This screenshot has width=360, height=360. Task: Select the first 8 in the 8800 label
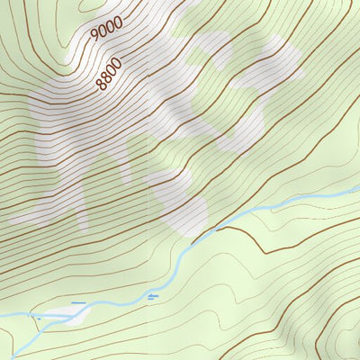click(101, 86)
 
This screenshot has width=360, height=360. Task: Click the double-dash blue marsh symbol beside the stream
click(153, 295)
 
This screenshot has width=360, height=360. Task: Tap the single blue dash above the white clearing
click(79, 303)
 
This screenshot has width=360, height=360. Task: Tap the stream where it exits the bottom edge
click(16, 357)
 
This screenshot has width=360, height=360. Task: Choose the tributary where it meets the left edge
click(2, 315)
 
